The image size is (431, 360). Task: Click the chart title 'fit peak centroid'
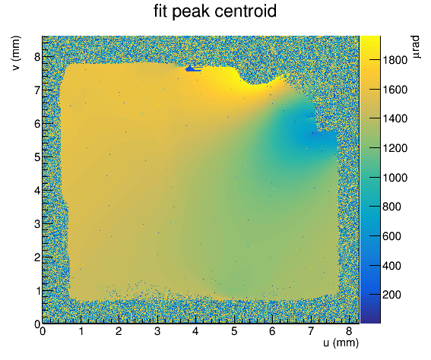215,12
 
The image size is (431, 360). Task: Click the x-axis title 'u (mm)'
341,343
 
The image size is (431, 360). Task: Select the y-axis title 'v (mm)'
16,53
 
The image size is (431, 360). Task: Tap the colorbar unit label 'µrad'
416,46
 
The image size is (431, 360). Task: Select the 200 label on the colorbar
391,295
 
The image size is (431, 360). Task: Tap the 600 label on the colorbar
391,236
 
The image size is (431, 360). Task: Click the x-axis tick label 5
234,331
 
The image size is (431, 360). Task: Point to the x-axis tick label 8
349,331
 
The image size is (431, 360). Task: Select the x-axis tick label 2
119,331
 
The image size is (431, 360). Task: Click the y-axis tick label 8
37,57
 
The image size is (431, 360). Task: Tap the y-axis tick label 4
37,191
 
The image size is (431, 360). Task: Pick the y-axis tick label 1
37,291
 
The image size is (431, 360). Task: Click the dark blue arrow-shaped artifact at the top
193,68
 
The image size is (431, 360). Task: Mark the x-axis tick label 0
43,331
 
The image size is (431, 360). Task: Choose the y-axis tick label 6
37,124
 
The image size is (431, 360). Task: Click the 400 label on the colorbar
391,266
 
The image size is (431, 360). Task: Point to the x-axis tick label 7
311,331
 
